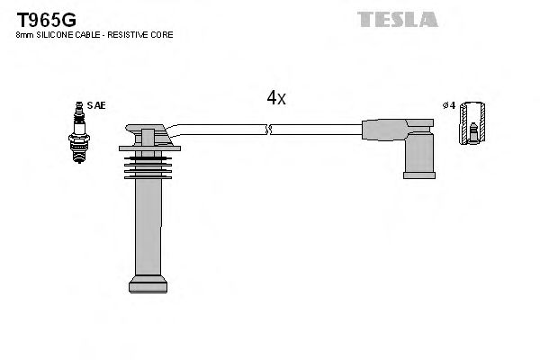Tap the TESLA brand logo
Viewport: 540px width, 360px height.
tap(397, 18)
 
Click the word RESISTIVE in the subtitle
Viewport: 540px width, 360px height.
tap(134, 34)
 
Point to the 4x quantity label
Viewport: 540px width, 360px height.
tap(276, 98)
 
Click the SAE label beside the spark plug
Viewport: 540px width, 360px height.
tap(96, 105)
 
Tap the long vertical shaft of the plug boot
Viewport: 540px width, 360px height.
tap(148, 225)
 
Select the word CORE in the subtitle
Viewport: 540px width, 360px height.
tap(164, 34)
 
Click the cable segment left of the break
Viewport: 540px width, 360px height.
tap(220, 130)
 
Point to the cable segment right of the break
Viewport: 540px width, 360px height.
tap(315, 130)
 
